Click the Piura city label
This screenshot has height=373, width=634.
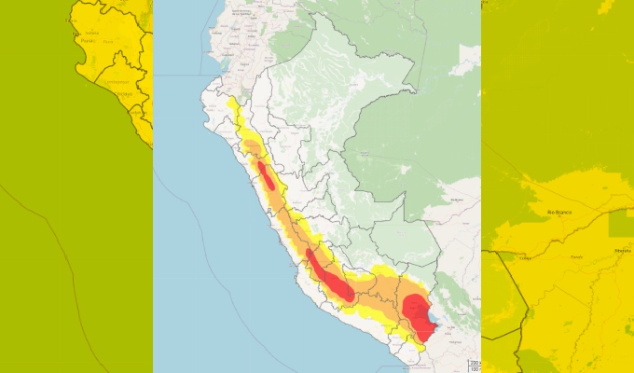89,41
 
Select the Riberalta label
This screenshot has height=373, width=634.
623,251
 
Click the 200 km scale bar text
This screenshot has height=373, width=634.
474,362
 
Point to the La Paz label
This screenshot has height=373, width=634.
456,342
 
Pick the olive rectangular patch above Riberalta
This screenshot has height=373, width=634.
620,222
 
